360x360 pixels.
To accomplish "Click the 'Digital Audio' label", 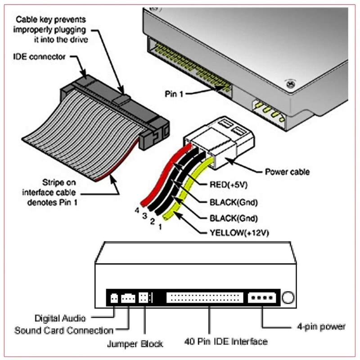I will click(x=61, y=318).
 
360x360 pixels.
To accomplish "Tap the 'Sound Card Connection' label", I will click(x=63, y=331).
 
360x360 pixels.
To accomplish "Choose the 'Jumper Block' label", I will click(x=135, y=344).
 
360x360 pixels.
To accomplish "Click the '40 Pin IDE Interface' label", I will click(x=225, y=341).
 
